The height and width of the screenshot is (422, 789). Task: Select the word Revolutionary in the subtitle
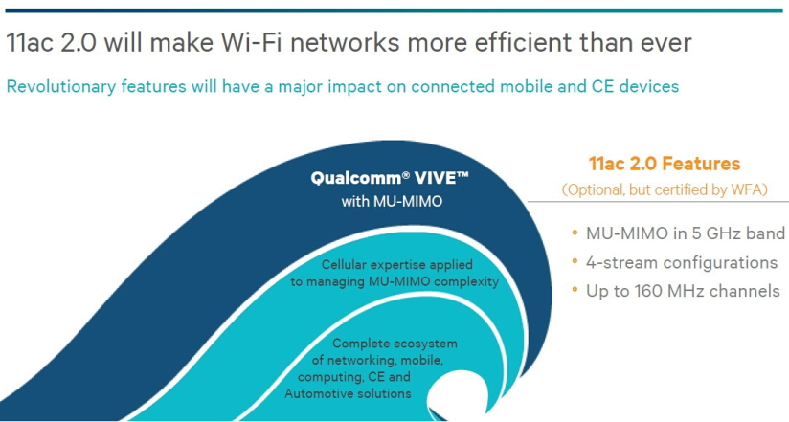click(61, 87)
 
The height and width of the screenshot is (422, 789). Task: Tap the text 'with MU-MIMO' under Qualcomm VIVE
click(392, 202)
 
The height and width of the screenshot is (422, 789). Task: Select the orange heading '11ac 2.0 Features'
click(665, 164)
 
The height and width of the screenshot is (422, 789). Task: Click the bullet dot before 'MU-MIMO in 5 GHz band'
click(575, 233)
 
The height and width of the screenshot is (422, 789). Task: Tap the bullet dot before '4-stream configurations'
click(575, 261)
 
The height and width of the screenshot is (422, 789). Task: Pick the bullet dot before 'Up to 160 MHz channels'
click(575, 290)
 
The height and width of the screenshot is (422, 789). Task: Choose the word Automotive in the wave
click(314, 393)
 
